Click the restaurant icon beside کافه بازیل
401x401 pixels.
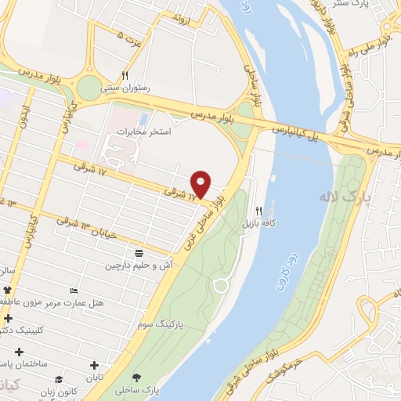click(259, 211)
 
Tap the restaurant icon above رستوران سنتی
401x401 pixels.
click(125, 75)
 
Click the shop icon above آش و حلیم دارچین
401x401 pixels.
click(139, 253)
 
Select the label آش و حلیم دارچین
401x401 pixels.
click(138, 266)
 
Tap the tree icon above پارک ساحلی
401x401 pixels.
click(138, 377)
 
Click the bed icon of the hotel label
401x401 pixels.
click(74, 291)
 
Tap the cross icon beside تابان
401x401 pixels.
click(95, 365)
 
